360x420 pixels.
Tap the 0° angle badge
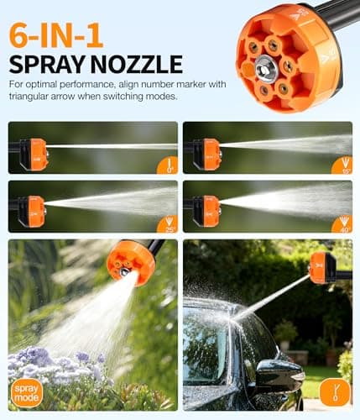(167, 165)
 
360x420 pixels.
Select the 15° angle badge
(342, 165)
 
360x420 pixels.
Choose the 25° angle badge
(167, 223)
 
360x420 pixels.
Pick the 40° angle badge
(342, 223)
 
